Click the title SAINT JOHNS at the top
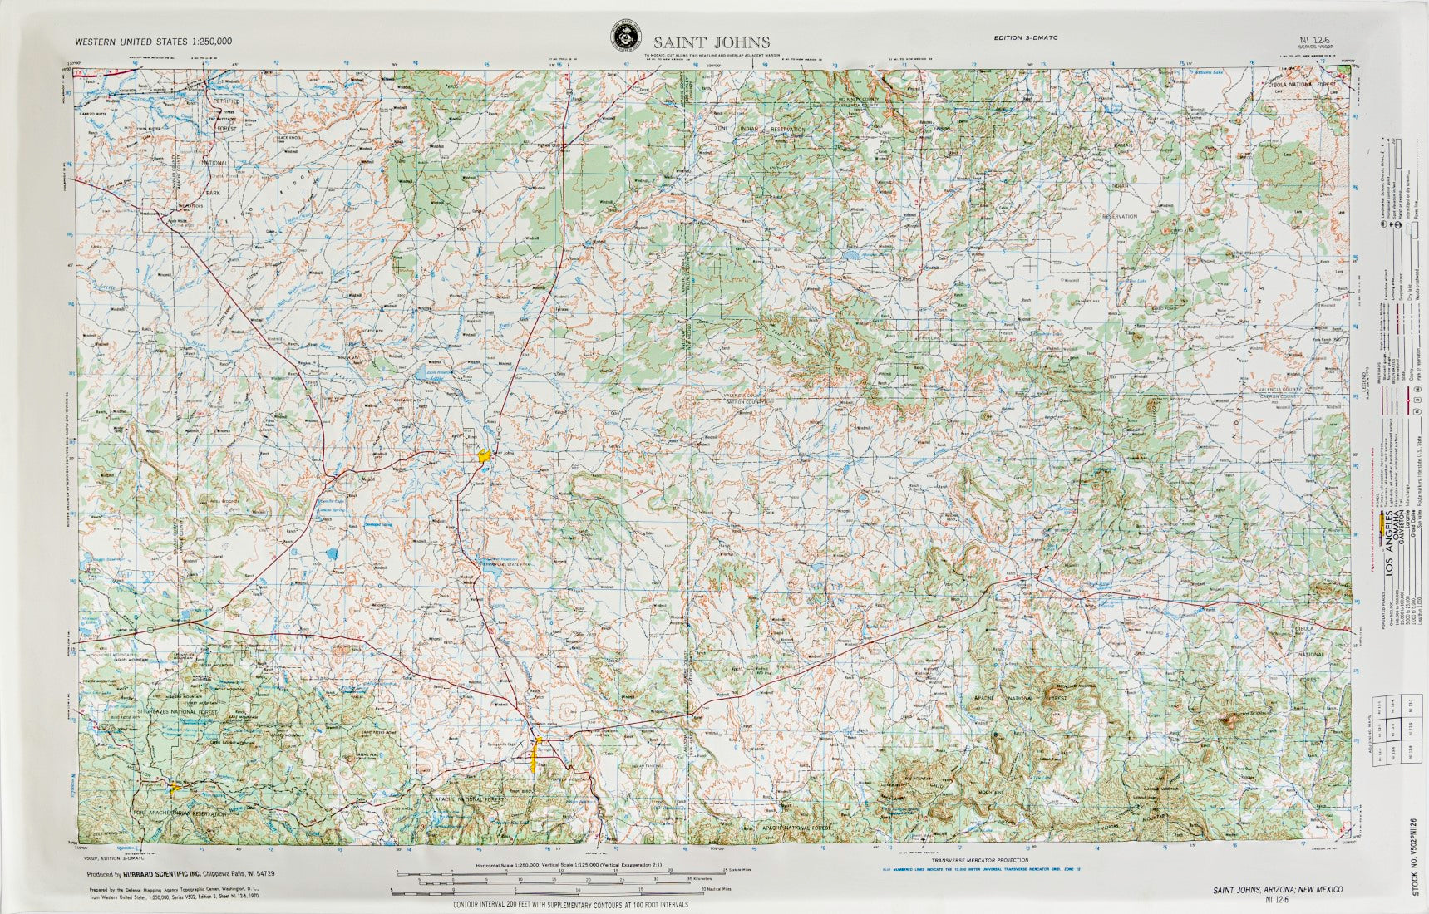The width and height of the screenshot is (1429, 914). point(711,42)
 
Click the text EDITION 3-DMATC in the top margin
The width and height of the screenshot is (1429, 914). point(1025,38)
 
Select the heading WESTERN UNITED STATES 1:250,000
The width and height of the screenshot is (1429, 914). point(153,41)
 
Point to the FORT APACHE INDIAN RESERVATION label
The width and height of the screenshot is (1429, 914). point(179,814)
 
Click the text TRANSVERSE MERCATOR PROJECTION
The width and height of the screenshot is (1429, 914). point(979,860)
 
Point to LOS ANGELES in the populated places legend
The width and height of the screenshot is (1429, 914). point(1389,543)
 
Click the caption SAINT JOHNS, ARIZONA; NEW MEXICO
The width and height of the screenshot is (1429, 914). point(1278,889)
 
